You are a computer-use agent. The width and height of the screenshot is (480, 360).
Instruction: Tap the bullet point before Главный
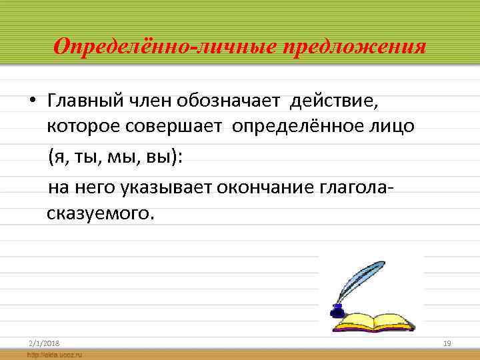(31, 102)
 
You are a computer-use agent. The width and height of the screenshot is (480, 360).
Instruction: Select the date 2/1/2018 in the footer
(44, 343)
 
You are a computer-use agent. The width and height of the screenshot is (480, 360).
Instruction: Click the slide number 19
(447, 343)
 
